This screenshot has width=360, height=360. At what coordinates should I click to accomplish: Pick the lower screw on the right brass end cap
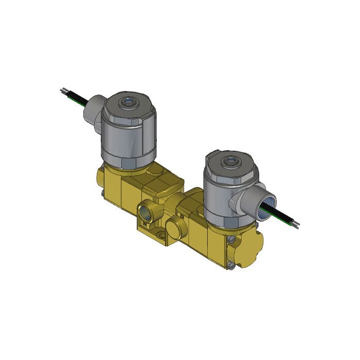233,266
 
